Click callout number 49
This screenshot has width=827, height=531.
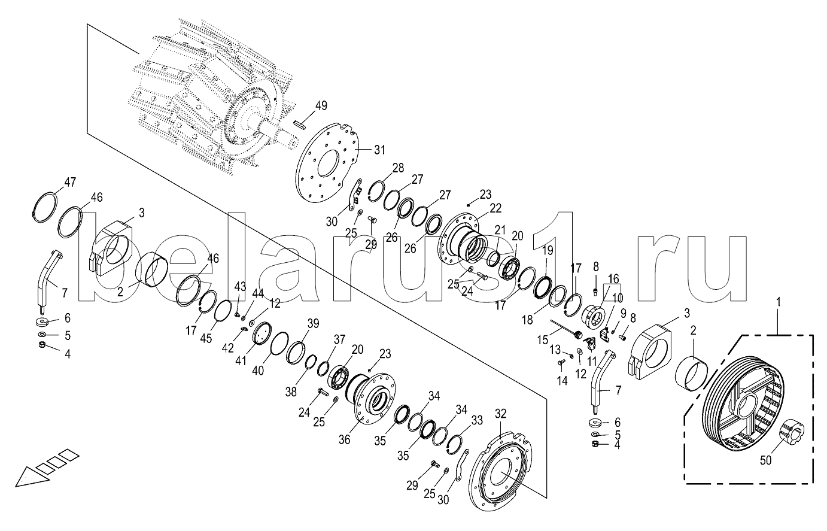tap(321, 106)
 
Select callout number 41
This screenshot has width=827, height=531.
tap(241, 360)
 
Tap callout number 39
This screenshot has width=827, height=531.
tap(313, 323)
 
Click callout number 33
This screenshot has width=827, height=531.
tap(477, 421)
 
